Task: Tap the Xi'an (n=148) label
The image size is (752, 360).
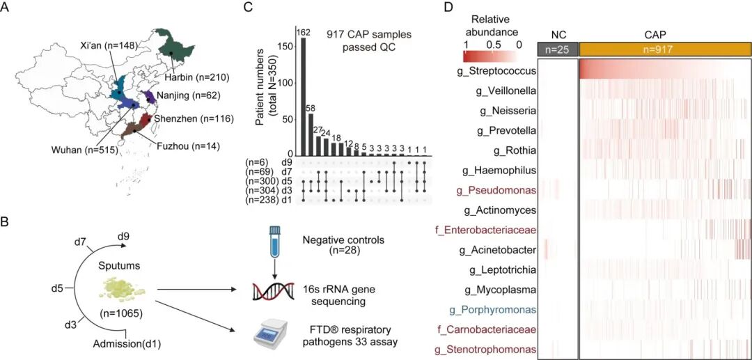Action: (110, 45)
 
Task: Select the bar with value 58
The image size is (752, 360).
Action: (311, 134)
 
